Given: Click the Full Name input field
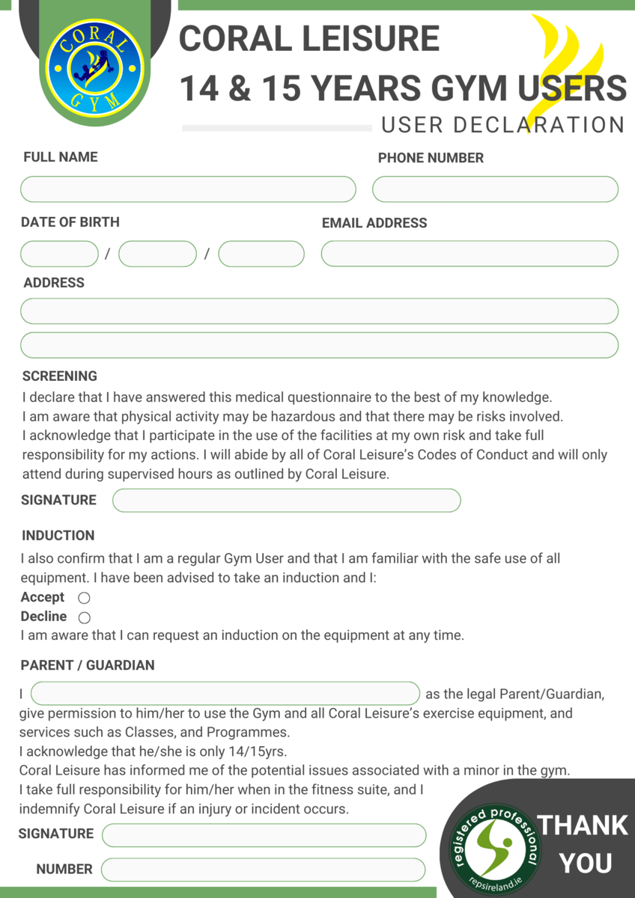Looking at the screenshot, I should point(188,189).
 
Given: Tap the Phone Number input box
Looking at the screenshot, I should point(495,189).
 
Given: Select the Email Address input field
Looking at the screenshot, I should point(470,254).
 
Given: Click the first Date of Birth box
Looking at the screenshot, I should point(59,254).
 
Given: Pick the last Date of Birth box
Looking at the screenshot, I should point(261,254).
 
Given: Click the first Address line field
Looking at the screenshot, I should point(319,311).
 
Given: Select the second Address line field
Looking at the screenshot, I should point(319,345).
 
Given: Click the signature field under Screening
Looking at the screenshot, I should point(286,501).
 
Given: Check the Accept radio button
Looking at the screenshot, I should point(85,598).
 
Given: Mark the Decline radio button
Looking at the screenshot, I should point(85,617).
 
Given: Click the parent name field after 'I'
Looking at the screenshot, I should point(225,694).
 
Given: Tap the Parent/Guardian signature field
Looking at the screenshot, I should point(264,835).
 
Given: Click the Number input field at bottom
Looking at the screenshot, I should point(263,870).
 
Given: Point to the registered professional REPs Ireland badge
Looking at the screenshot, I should point(494,843).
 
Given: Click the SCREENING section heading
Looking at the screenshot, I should point(60,376).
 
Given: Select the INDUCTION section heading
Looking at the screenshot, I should point(58,535).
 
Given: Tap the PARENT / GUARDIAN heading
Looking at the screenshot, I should point(88,665).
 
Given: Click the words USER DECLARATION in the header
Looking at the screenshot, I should point(502,124).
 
